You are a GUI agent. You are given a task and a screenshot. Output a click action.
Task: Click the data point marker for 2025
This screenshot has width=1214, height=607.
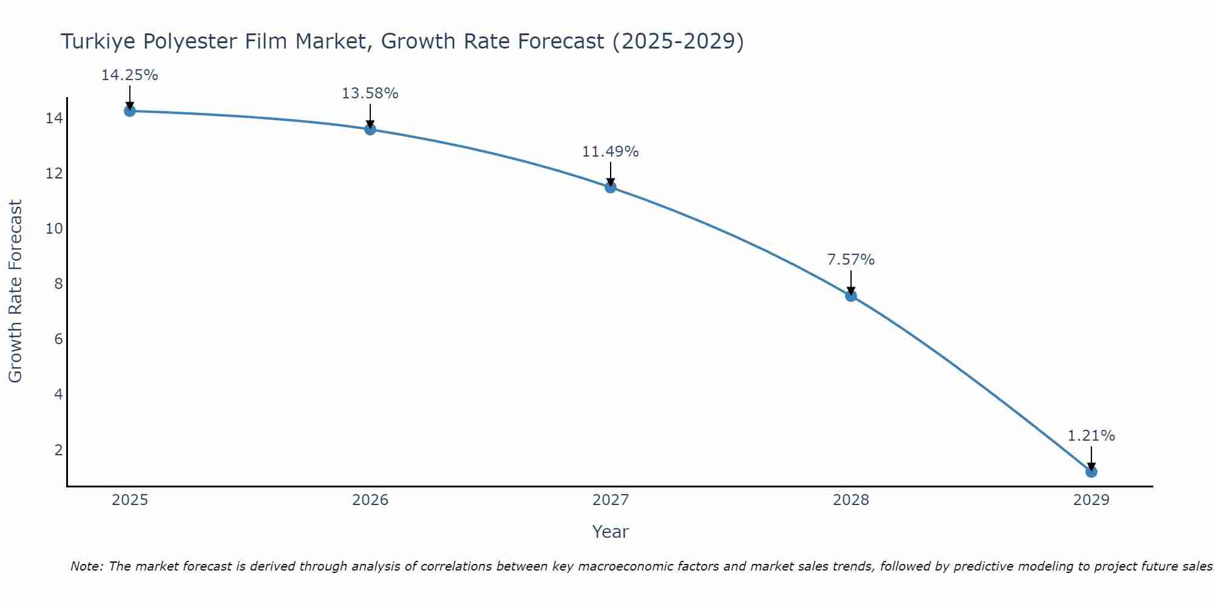(129, 111)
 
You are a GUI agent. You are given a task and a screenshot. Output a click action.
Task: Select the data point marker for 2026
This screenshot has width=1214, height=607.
(370, 129)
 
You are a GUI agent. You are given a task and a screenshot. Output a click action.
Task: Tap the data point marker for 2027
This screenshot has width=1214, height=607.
(611, 187)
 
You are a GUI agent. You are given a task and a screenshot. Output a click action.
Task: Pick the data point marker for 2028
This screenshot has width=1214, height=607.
(851, 296)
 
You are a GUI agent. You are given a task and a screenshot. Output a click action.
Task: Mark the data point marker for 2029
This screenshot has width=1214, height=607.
(1091, 472)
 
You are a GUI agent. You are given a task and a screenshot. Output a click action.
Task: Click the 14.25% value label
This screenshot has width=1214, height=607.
(129, 75)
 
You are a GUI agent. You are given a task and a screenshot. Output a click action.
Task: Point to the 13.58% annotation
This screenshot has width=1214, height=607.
(370, 93)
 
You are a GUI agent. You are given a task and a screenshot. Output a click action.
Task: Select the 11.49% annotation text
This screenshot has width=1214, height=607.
(610, 152)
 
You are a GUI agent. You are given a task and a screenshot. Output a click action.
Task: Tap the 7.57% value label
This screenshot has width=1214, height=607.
(850, 260)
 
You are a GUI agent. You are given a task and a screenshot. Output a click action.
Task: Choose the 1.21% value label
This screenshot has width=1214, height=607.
(1091, 436)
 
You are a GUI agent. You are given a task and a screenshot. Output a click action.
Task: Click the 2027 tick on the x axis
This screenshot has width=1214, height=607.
(611, 500)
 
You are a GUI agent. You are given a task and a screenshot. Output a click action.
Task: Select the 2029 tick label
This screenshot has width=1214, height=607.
(1091, 500)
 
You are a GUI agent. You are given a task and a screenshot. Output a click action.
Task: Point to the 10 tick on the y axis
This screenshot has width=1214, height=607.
(54, 229)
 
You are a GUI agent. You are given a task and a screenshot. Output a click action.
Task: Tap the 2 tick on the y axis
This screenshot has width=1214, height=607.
(58, 450)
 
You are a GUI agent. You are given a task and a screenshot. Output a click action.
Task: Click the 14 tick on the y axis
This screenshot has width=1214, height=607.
(54, 118)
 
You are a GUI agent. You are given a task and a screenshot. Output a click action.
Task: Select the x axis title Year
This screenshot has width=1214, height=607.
(610, 532)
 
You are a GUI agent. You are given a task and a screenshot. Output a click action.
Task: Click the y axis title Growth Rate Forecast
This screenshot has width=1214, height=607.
(15, 291)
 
